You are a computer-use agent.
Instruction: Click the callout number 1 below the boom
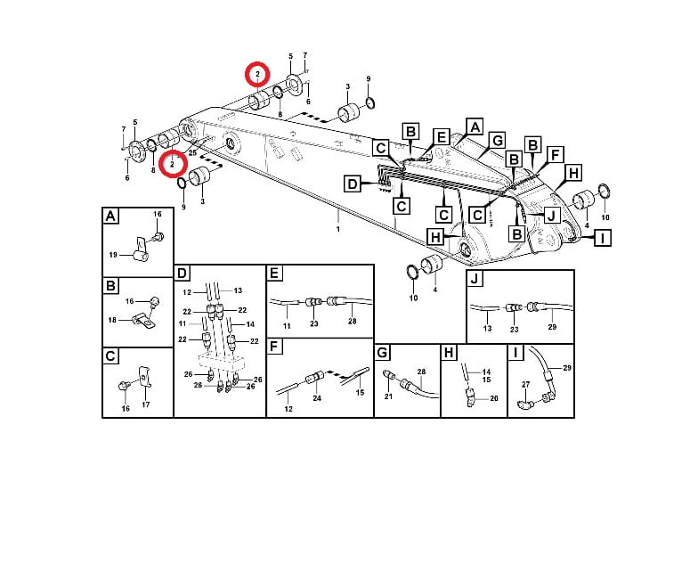pos(337,229)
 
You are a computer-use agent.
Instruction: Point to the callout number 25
pos(191,153)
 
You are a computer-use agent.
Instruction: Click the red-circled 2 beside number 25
pos(172,163)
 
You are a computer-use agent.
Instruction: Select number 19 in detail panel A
pos(113,255)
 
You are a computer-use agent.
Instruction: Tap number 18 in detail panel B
pos(113,320)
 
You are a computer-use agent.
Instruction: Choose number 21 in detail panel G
pos(388,396)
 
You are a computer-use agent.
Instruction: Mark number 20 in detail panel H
pos(494,399)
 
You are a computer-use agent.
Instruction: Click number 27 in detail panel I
pos(524,383)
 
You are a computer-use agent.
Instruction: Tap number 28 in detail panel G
pos(421,371)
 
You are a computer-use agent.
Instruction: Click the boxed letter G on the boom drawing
pos(497,140)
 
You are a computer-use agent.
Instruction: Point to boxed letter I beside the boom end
pos(603,238)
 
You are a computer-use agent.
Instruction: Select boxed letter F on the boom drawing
pos(554,155)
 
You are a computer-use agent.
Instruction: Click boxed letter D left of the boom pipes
pos(353,184)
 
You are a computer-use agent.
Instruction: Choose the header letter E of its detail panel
pos(275,274)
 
